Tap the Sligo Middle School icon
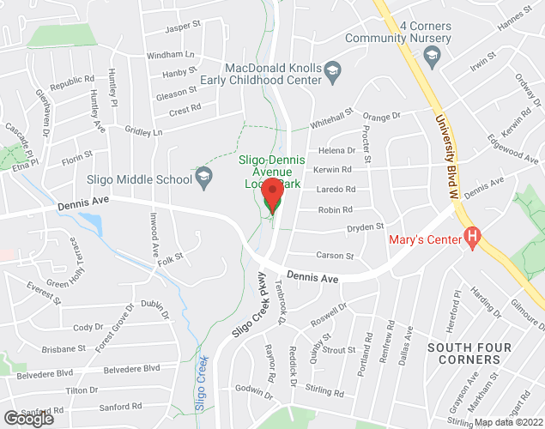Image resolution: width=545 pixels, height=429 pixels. (203, 178)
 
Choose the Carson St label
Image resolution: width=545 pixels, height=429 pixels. (335, 256)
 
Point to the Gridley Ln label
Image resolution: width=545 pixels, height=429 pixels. (143, 132)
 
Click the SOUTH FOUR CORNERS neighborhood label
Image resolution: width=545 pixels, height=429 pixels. (469, 353)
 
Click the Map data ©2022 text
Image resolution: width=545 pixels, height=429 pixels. (509, 422)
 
